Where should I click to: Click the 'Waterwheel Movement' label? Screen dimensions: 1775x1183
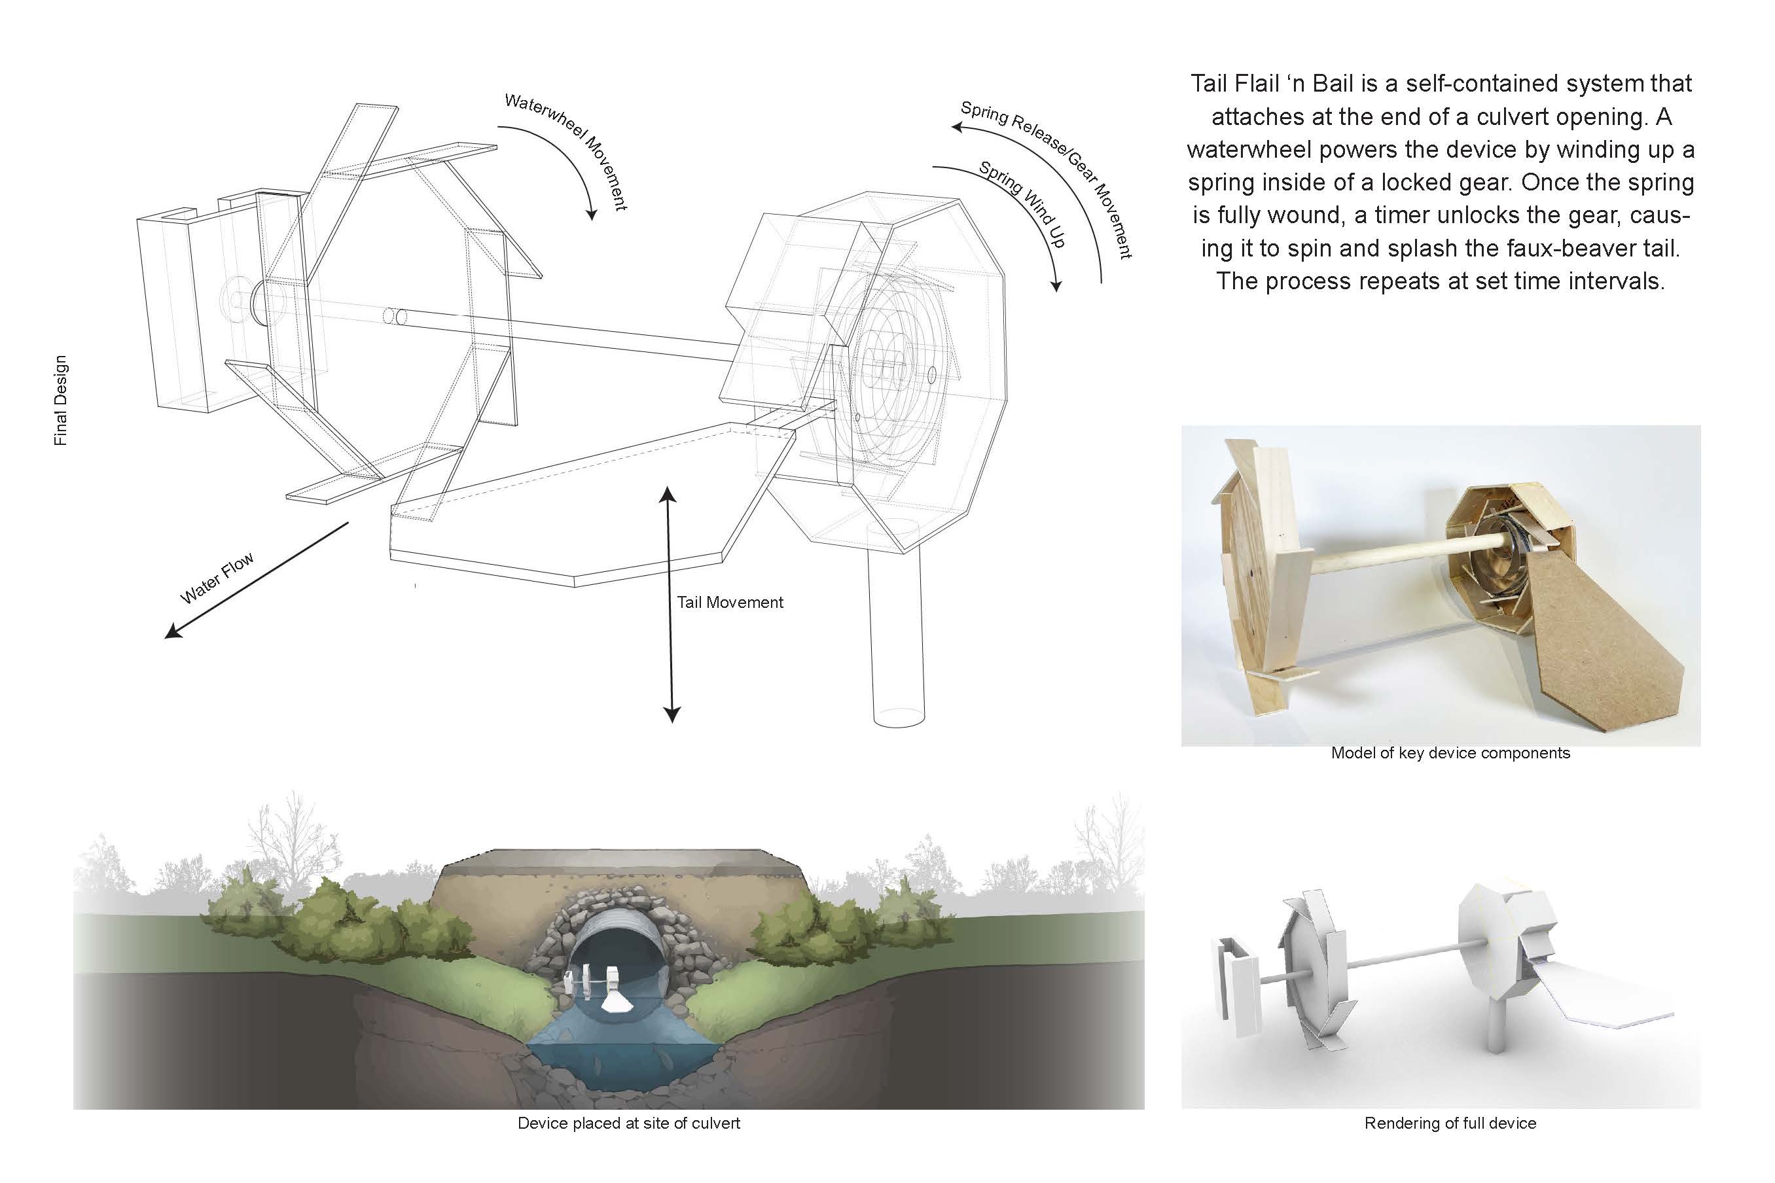tap(567, 152)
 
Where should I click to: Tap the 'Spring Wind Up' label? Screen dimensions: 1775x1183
tap(1022, 204)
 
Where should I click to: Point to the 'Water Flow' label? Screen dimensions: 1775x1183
tap(217, 578)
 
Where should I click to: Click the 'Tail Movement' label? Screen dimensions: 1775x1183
tap(730, 603)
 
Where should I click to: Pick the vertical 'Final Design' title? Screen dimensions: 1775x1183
tap(60, 400)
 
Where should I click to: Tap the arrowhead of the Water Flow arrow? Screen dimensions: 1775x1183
tap(173, 631)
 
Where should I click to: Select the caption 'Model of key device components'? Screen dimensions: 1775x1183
tap(1450, 753)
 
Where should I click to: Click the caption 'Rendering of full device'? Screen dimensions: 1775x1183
tap(1450, 1123)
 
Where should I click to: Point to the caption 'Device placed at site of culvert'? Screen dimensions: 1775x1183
tap(628, 1123)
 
